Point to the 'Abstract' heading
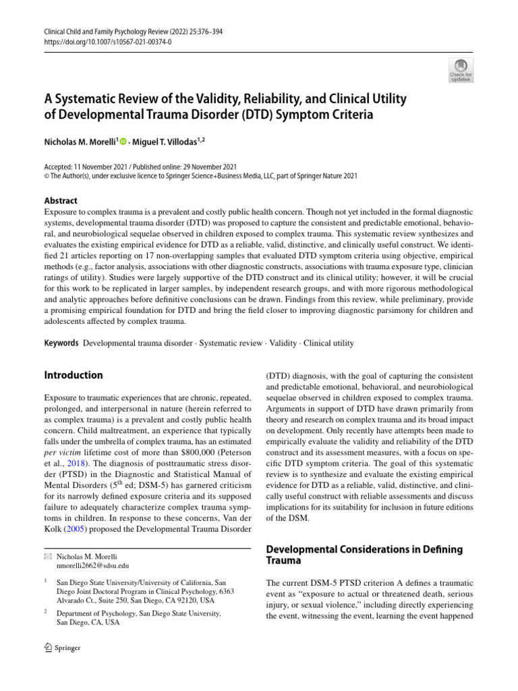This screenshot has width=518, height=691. pyautogui.click(x=60, y=200)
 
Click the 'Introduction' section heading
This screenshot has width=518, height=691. pyautogui.click(x=74, y=375)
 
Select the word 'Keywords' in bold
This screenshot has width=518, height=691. pyautogui.click(x=61, y=343)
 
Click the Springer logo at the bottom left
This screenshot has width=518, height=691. pyautogui.click(x=62, y=648)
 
